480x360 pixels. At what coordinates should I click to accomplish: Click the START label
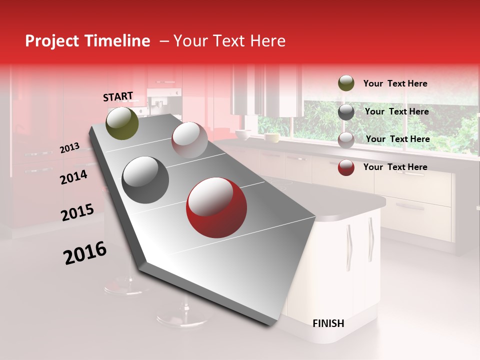tap(118, 96)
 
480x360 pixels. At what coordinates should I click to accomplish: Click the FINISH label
tap(328, 323)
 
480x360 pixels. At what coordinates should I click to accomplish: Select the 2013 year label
tap(69, 147)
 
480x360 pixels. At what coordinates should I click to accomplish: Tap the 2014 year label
tap(73, 176)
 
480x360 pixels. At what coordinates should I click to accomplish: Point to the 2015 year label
tap(77, 212)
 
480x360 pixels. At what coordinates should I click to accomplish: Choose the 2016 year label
tap(85, 252)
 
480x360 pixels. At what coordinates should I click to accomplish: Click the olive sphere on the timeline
tap(122, 123)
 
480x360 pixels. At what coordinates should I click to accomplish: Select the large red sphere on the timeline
tap(216, 207)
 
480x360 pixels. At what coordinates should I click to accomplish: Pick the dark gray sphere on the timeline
tap(145, 180)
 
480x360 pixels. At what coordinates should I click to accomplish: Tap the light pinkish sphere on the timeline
tap(189, 140)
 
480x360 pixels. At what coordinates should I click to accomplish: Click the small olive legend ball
tap(346, 83)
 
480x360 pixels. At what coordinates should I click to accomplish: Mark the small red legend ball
tap(346, 167)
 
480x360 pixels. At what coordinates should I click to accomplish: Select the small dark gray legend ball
tap(346, 112)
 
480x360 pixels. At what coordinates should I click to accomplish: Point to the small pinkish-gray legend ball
tap(346, 140)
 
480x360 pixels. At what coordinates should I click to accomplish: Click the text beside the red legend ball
tap(395, 167)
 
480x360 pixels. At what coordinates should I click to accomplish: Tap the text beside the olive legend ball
tap(395, 83)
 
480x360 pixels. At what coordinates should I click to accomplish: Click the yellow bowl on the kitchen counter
tap(272, 137)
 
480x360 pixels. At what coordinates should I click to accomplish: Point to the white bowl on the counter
tap(243, 134)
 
